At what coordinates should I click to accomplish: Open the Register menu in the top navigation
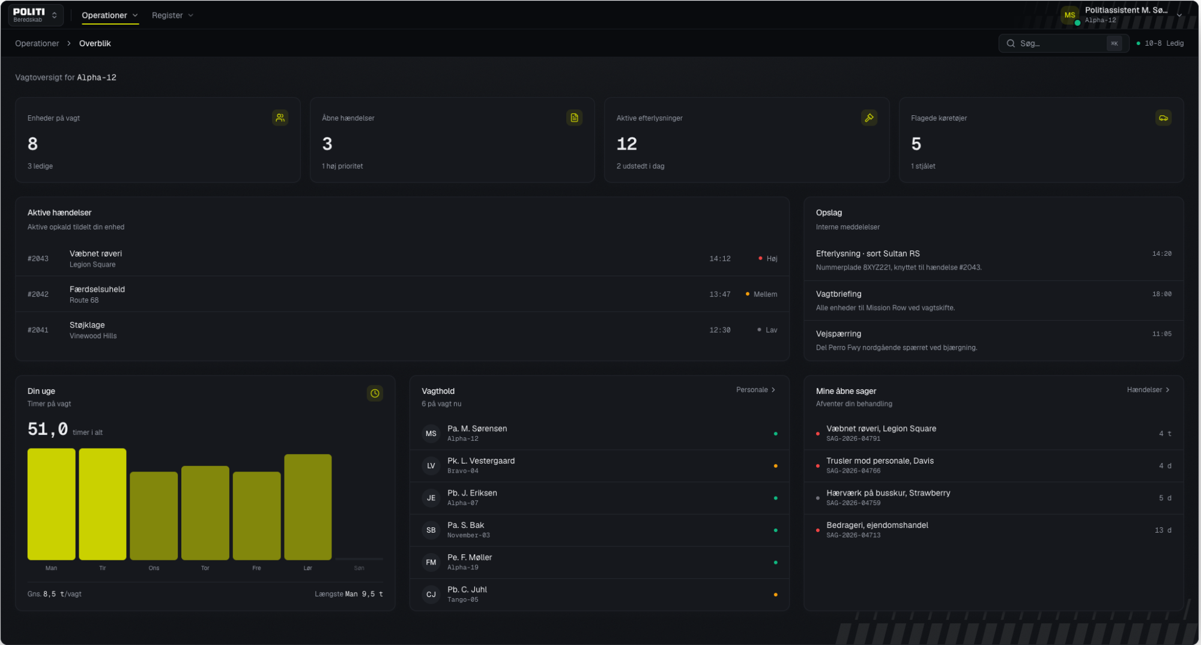[172, 15]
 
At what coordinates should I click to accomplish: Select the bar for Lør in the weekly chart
[307, 507]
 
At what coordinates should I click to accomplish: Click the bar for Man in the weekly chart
[51, 504]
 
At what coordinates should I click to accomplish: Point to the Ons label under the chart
[154, 568]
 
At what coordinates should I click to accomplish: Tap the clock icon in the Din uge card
[375, 393]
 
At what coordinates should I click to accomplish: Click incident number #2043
[38, 259]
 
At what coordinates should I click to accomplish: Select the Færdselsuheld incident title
[97, 289]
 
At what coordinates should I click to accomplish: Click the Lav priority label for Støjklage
[771, 330]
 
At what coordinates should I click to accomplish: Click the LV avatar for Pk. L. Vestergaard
[431, 465]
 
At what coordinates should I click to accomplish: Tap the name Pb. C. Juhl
[467, 590]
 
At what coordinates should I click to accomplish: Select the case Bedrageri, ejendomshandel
[877, 525]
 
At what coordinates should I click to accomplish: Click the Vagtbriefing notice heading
[838, 294]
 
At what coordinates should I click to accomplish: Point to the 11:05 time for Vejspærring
[1161, 334]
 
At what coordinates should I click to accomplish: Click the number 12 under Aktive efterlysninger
[626, 144]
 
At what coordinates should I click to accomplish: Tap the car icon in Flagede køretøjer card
[1163, 118]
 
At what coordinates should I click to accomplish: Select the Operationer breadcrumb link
[37, 43]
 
